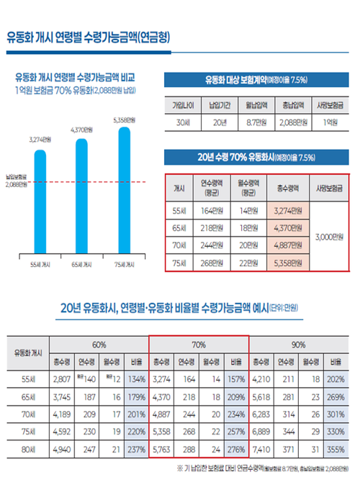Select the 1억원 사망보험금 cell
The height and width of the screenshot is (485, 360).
click(332, 122)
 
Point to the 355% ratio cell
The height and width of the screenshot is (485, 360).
click(334, 449)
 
